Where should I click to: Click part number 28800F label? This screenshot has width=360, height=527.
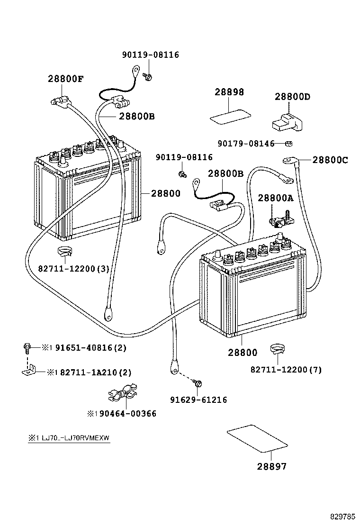[x=65, y=79]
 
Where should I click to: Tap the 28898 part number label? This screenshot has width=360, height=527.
[x=229, y=92]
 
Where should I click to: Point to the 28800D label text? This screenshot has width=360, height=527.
[x=292, y=97]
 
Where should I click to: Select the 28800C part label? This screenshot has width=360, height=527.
[x=330, y=160]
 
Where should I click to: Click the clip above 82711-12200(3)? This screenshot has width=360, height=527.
[x=64, y=252]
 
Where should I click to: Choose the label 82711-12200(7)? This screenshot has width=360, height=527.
[x=286, y=370]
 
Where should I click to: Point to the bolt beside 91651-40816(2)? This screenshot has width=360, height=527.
[x=27, y=348]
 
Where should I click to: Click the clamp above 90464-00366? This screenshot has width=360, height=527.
[x=122, y=393]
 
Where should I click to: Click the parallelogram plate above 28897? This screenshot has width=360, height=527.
[x=257, y=439]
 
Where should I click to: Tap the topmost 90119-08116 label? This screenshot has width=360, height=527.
[x=150, y=55]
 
